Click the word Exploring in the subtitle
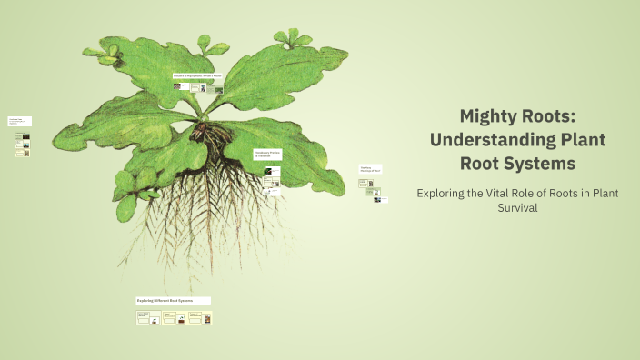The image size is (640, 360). click(x=445, y=193)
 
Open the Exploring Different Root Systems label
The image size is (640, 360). click(x=173, y=300)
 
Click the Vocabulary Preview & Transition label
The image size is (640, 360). click(x=266, y=154)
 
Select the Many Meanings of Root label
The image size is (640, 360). click(x=369, y=168)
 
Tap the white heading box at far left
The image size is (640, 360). click(x=19, y=121)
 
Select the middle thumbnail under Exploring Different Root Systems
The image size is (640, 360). click(x=175, y=318)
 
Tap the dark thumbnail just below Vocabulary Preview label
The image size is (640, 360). click(x=267, y=170)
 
